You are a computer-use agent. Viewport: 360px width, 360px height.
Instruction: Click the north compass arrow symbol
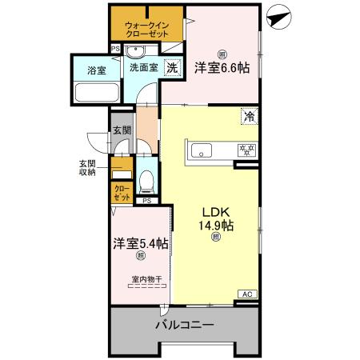[279, 18]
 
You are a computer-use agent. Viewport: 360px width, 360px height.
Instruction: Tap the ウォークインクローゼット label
[147, 30]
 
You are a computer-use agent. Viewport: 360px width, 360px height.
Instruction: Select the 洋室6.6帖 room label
[221, 68]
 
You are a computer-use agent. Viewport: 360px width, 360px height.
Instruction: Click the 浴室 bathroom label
[97, 70]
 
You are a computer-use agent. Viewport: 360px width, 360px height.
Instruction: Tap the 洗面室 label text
[144, 69]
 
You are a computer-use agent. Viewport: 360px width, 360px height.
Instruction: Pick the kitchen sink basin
[201, 149]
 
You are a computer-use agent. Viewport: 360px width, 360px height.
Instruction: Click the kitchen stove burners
[244, 149]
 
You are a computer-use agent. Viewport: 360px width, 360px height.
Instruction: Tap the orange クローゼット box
[121, 193]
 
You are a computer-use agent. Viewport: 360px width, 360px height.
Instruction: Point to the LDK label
[215, 211]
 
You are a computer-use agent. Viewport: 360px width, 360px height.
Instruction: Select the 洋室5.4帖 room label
[140, 243]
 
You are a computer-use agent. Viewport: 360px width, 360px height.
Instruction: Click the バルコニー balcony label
[184, 326]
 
